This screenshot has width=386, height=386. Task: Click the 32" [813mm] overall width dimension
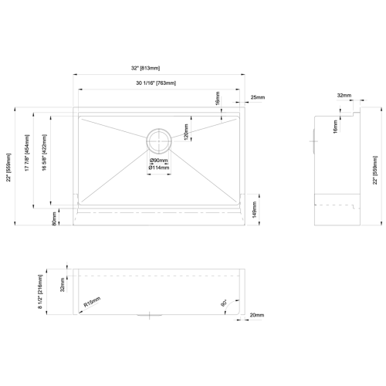click(160, 69)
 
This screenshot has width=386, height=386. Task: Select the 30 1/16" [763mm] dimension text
click(160, 83)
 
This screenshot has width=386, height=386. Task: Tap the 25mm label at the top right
click(258, 98)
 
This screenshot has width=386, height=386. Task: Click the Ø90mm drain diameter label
click(161, 160)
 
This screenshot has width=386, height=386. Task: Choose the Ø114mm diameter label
click(161, 167)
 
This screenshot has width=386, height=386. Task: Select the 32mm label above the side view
click(344, 96)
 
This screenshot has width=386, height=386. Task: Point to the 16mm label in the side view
click(334, 126)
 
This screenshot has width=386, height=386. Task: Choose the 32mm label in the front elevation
click(63, 286)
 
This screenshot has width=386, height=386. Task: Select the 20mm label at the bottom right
click(257, 315)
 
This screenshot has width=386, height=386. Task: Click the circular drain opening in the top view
click(161, 139)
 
